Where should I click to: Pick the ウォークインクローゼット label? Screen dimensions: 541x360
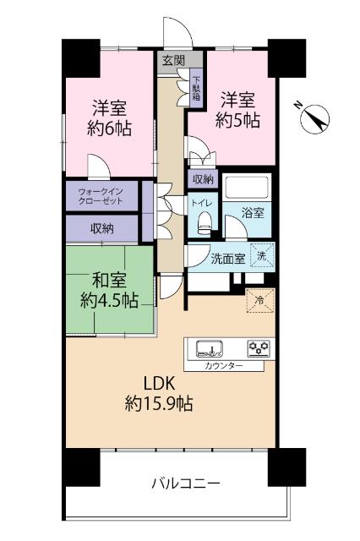(101, 196)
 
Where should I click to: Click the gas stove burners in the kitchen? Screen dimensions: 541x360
(258, 347)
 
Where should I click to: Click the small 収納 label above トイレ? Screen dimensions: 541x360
(203, 178)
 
